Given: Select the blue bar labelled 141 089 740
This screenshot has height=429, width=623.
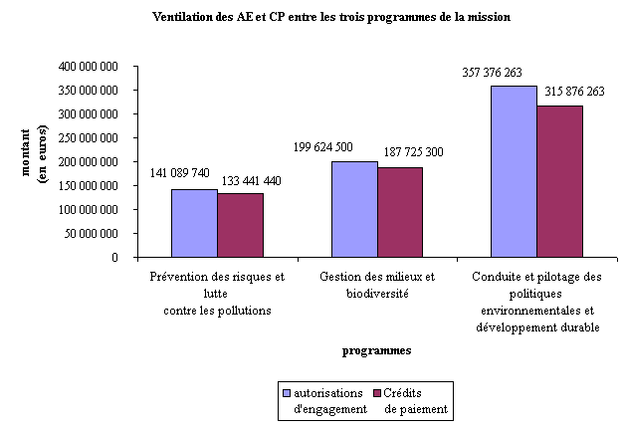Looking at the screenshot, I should click(194, 223).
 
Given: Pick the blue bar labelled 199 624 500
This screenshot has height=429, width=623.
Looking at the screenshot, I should click(354, 209).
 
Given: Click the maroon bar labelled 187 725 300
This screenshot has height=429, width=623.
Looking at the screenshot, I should click(400, 212).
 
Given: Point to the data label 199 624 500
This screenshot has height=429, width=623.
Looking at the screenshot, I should click(336, 147).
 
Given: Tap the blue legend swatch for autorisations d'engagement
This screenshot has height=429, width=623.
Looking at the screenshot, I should click(287, 392).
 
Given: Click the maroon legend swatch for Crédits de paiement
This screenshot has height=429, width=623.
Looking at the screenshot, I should click(375, 392).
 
